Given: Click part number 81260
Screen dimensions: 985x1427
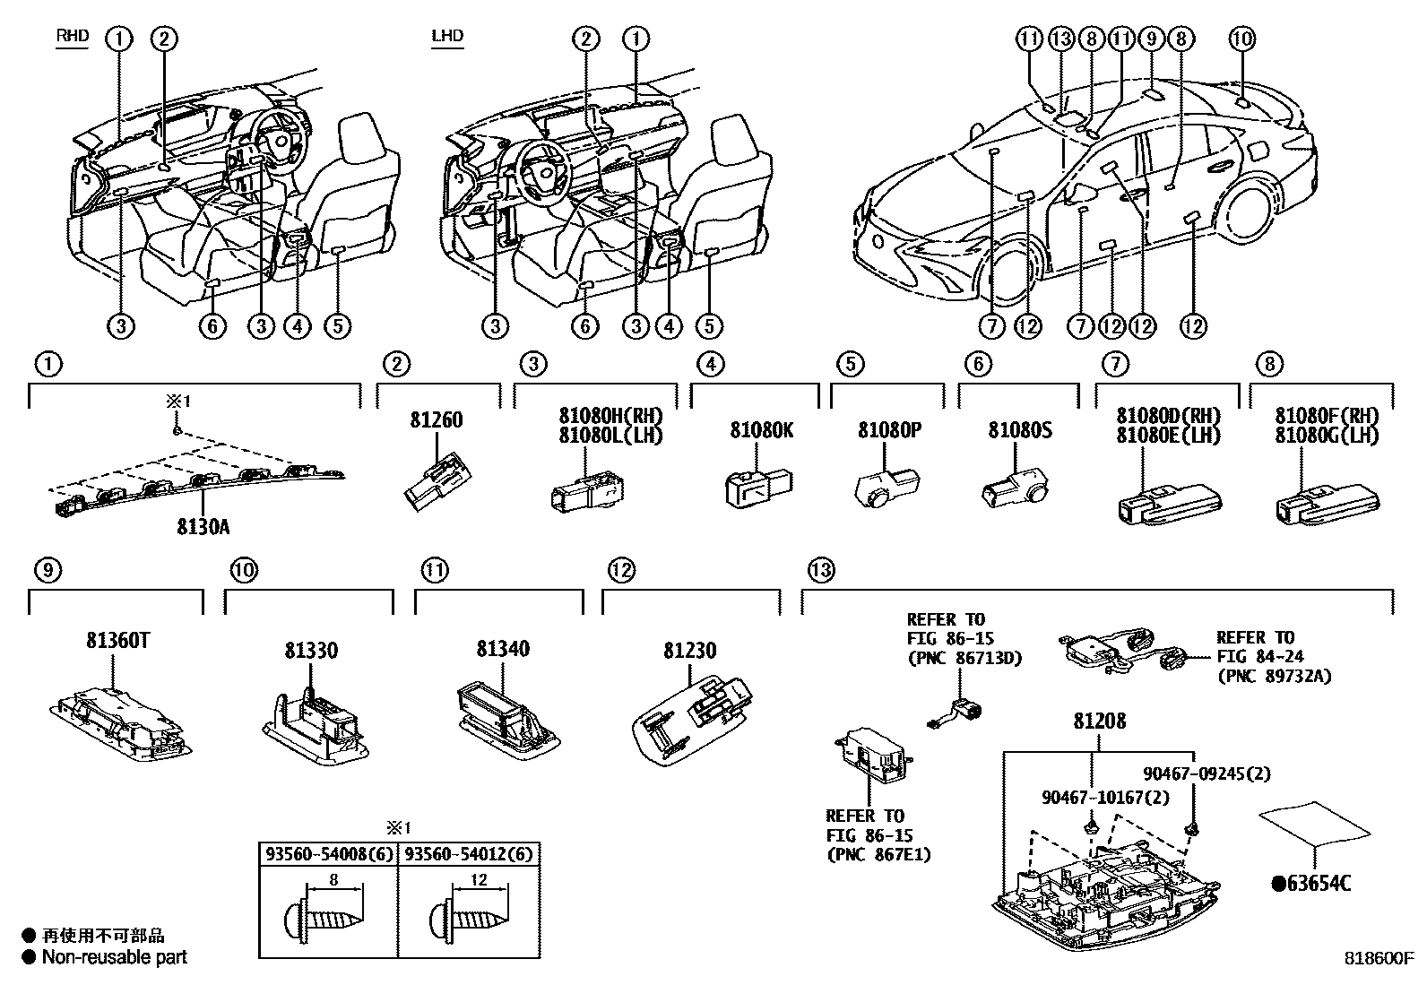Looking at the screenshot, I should [437, 419].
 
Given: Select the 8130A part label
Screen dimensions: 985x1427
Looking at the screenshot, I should [203, 527].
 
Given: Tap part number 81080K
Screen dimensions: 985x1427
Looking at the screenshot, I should [761, 430].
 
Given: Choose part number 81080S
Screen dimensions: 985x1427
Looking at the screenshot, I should [1020, 430].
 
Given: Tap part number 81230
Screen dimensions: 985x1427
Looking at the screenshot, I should [690, 650].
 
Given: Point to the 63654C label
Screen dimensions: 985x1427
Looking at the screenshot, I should [1310, 884].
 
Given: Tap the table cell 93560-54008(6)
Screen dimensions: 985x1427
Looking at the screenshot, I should [326, 853].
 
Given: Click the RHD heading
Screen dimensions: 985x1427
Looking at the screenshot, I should [73, 37].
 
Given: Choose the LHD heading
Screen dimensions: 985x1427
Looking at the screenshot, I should [447, 37].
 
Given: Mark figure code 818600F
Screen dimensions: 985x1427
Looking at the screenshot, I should [1377, 957].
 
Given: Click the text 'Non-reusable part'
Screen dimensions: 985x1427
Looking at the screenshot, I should [115, 957].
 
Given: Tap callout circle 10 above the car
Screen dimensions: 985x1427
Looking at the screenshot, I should [1241, 39].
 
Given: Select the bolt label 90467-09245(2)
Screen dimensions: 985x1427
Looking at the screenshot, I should [1206, 773].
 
